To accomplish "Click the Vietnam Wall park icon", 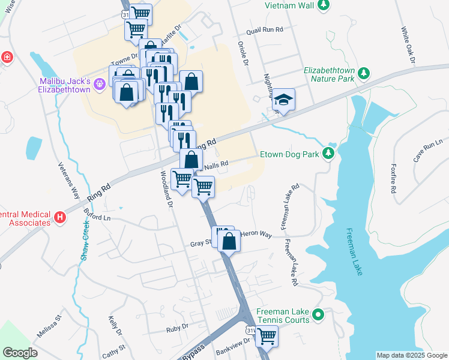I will coord(324,5).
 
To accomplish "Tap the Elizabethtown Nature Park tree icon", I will coord(363,74).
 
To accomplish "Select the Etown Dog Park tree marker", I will coord(328,154).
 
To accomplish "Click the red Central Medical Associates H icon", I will coord(59,218).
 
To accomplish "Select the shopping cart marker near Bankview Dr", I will coord(267,336).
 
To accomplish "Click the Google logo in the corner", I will coord(20,353).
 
